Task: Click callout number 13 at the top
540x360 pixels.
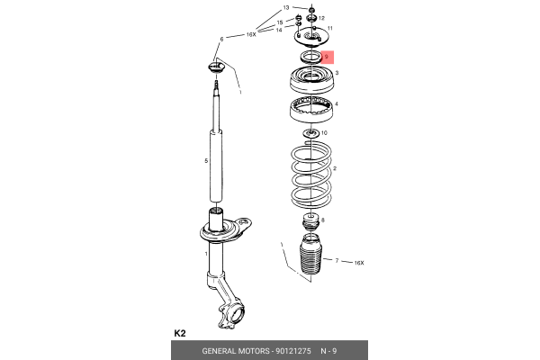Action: click(286, 7)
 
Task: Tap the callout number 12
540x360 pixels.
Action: click(321, 18)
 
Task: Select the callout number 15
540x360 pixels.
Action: click(280, 22)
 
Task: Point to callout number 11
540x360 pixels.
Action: click(330, 28)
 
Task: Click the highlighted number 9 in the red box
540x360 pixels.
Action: click(327, 57)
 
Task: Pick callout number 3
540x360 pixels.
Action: click(337, 73)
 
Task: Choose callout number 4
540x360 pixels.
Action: click(337, 103)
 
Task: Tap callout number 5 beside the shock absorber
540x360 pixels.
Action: click(206, 161)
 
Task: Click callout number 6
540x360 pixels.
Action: click(221, 40)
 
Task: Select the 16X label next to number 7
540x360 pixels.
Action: click(359, 263)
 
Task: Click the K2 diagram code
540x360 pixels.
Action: click(180, 333)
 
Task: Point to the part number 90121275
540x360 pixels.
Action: click(293, 351)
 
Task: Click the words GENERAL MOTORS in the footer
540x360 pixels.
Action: click(236, 351)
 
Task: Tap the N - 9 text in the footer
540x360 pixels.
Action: click(328, 351)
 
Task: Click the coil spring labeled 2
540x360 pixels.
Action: click(311, 175)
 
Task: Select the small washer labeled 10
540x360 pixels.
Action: click(311, 133)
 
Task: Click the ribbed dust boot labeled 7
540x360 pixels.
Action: click(311, 255)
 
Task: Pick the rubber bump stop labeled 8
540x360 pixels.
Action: click(311, 223)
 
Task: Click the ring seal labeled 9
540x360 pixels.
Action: click(311, 57)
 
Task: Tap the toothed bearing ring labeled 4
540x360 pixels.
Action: click(311, 110)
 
